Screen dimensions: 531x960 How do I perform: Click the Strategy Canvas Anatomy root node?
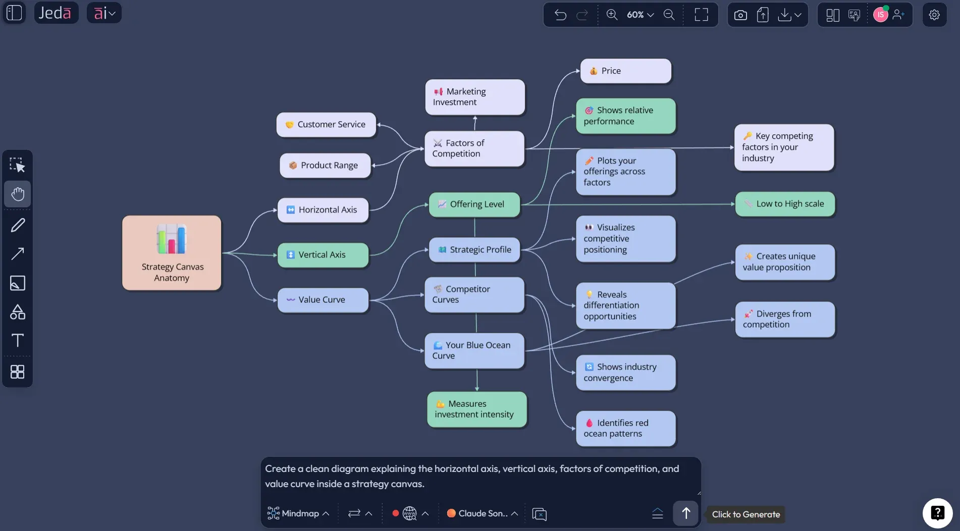click(172, 253)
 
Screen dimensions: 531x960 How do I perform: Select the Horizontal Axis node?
click(323, 210)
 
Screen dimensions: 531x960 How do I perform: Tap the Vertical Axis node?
click(323, 255)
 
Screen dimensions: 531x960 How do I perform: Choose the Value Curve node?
click(323, 300)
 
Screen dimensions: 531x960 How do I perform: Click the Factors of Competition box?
click(474, 148)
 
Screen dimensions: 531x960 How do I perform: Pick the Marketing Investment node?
click(474, 97)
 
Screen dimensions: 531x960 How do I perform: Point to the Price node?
click(625, 71)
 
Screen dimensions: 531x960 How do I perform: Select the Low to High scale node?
click(785, 204)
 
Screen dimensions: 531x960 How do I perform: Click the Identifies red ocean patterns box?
click(625, 429)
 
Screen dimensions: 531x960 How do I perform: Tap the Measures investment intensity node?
click(476, 409)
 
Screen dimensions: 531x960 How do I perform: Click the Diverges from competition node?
click(785, 319)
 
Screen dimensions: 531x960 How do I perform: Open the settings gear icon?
click(934, 15)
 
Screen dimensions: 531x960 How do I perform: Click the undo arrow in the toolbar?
click(560, 15)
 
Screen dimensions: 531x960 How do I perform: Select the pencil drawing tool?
click(18, 225)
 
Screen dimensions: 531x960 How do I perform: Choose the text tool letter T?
click(18, 340)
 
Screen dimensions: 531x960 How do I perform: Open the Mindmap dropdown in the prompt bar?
click(299, 513)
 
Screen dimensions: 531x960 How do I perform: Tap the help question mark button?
click(937, 513)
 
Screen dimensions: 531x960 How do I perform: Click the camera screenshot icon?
click(740, 15)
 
